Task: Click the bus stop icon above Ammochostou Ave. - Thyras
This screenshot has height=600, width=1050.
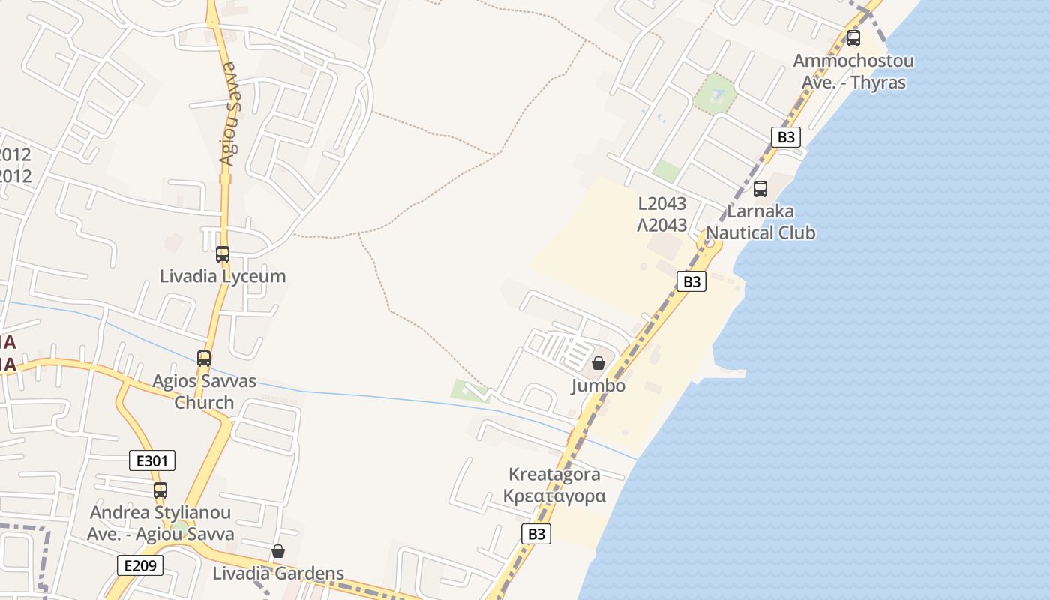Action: [853, 38]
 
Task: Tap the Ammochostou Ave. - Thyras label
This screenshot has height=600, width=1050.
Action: [853, 71]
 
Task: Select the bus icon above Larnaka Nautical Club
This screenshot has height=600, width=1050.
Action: [760, 189]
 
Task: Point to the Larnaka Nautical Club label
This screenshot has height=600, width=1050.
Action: [760, 222]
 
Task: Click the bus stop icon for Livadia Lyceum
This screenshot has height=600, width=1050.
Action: [223, 254]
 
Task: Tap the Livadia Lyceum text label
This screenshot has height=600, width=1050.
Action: [223, 276]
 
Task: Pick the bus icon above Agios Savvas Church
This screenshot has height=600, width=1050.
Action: [204, 358]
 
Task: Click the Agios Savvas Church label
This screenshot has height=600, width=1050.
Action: [204, 391]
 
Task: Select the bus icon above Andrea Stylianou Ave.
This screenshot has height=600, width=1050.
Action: [160, 490]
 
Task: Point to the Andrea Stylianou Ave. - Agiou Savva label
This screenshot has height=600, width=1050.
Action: [160, 523]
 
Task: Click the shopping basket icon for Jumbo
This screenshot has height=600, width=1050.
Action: [598, 364]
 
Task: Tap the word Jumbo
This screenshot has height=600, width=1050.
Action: [598, 385]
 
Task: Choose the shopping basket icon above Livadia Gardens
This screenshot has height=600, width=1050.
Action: [278, 552]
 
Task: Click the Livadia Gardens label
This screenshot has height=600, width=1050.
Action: [278, 574]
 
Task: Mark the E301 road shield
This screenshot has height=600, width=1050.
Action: [152, 460]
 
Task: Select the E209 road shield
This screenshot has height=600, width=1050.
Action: [140, 565]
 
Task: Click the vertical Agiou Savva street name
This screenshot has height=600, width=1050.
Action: [228, 112]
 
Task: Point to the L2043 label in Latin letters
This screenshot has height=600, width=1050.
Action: [662, 204]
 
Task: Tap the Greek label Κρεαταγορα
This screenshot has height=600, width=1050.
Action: [554, 496]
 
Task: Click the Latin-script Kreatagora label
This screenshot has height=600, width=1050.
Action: [554, 474]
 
